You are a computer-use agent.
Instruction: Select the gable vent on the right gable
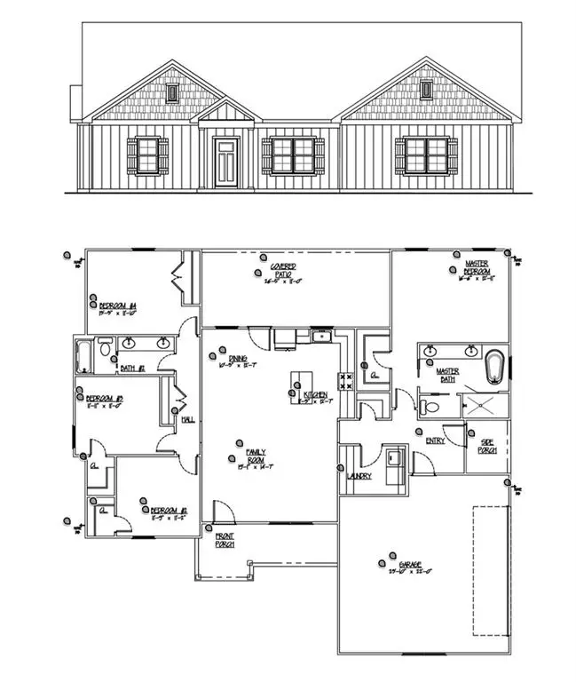tap(426, 90)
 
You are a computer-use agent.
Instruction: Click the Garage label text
tap(410, 565)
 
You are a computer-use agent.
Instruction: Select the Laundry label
tap(359, 477)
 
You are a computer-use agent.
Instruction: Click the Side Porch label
tap(486, 447)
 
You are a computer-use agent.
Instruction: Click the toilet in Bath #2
tap(105, 349)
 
